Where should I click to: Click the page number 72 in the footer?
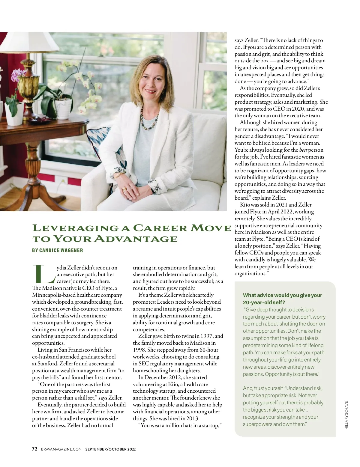pos(34,449)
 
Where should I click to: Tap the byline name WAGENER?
pos(72,250)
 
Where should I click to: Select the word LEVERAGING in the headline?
pos(75,228)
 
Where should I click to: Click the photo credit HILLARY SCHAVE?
pos(346,415)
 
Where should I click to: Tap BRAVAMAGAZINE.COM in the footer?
pos(61,449)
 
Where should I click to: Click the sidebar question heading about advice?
pos(282,299)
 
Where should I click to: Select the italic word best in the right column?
pos(303,150)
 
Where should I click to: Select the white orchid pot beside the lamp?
pos(63,108)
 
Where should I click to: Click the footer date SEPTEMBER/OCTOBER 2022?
pos(110,449)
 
